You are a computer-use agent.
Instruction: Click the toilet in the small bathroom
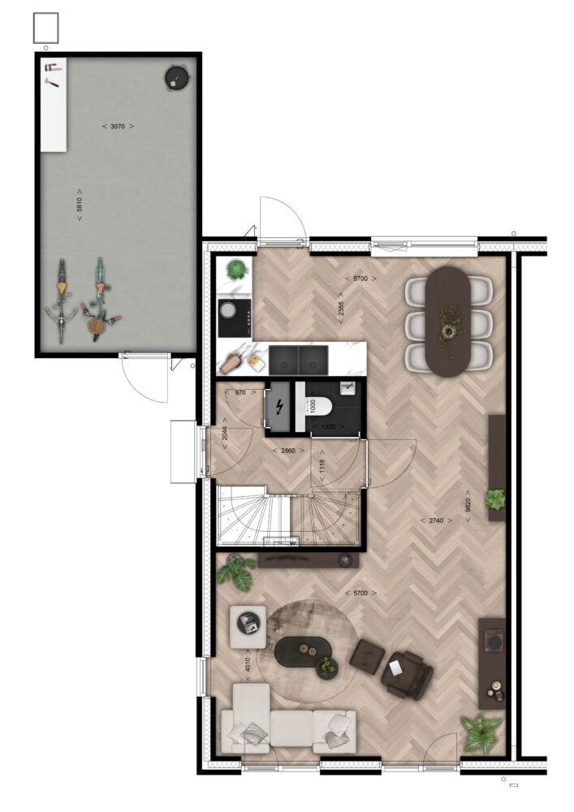318,407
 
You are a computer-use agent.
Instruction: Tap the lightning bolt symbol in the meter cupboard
279,407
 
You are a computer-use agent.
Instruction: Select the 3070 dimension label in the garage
118,126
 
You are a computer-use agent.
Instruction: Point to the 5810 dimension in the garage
80,204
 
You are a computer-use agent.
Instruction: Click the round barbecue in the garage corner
176,78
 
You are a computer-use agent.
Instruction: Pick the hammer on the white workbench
51,82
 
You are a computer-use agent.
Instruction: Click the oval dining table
448,322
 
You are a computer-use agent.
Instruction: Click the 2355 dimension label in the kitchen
341,313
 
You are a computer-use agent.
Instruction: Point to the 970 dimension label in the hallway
240,392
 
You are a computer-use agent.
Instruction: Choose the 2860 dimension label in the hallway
287,451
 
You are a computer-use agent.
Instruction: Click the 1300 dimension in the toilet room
329,427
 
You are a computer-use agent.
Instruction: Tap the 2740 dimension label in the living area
436,520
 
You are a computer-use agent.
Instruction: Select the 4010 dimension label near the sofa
248,664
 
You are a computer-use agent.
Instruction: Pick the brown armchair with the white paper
407,674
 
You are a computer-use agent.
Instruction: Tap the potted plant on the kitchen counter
236,270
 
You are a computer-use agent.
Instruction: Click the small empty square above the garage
46,28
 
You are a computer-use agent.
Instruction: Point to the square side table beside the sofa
248,627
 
